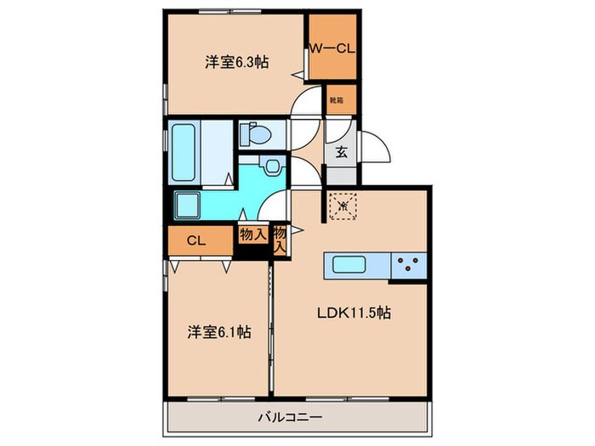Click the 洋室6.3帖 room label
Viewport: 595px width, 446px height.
pyautogui.click(x=236, y=62)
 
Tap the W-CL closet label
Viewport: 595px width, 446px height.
pyautogui.click(x=331, y=48)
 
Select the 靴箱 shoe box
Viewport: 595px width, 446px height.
pyautogui.click(x=337, y=100)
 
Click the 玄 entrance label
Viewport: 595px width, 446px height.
pyautogui.click(x=341, y=154)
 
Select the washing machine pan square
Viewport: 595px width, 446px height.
pyautogui.click(x=189, y=205)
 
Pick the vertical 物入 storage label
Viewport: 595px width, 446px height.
pyautogui.click(x=280, y=240)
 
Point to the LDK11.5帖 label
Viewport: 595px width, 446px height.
pyautogui.click(x=355, y=313)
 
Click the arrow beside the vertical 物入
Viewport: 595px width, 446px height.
pyautogui.click(x=297, y=229)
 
